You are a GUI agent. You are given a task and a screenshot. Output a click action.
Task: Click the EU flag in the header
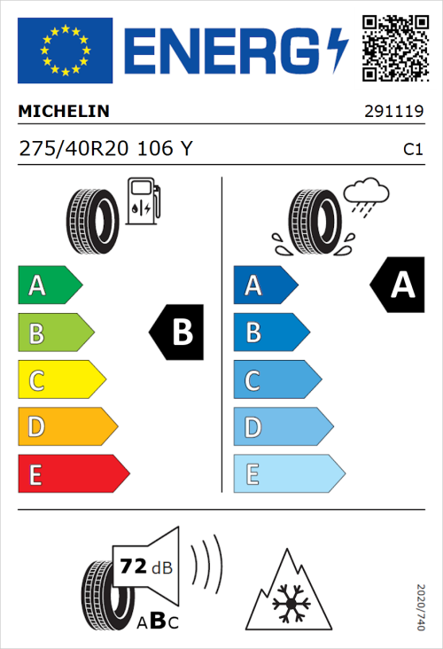65,51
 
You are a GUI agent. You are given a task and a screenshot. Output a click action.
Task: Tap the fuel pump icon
143,202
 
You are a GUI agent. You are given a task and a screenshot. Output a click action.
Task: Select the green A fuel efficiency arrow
50,285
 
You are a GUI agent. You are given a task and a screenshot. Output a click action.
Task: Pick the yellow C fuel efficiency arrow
61,380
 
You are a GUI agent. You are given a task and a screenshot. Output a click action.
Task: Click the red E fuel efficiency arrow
73,474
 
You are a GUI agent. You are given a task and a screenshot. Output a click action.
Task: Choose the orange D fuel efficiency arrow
67,427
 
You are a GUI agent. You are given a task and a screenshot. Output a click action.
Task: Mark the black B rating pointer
177,332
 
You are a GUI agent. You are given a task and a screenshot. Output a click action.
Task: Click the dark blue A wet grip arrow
264,285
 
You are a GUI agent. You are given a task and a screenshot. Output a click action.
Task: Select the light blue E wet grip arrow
288,474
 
